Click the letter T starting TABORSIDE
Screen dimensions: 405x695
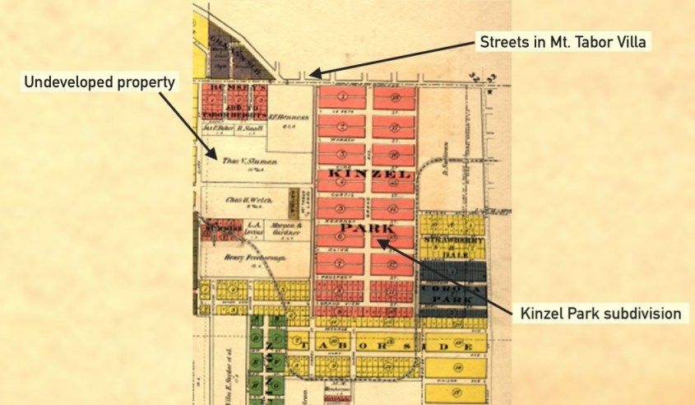[305, 343]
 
